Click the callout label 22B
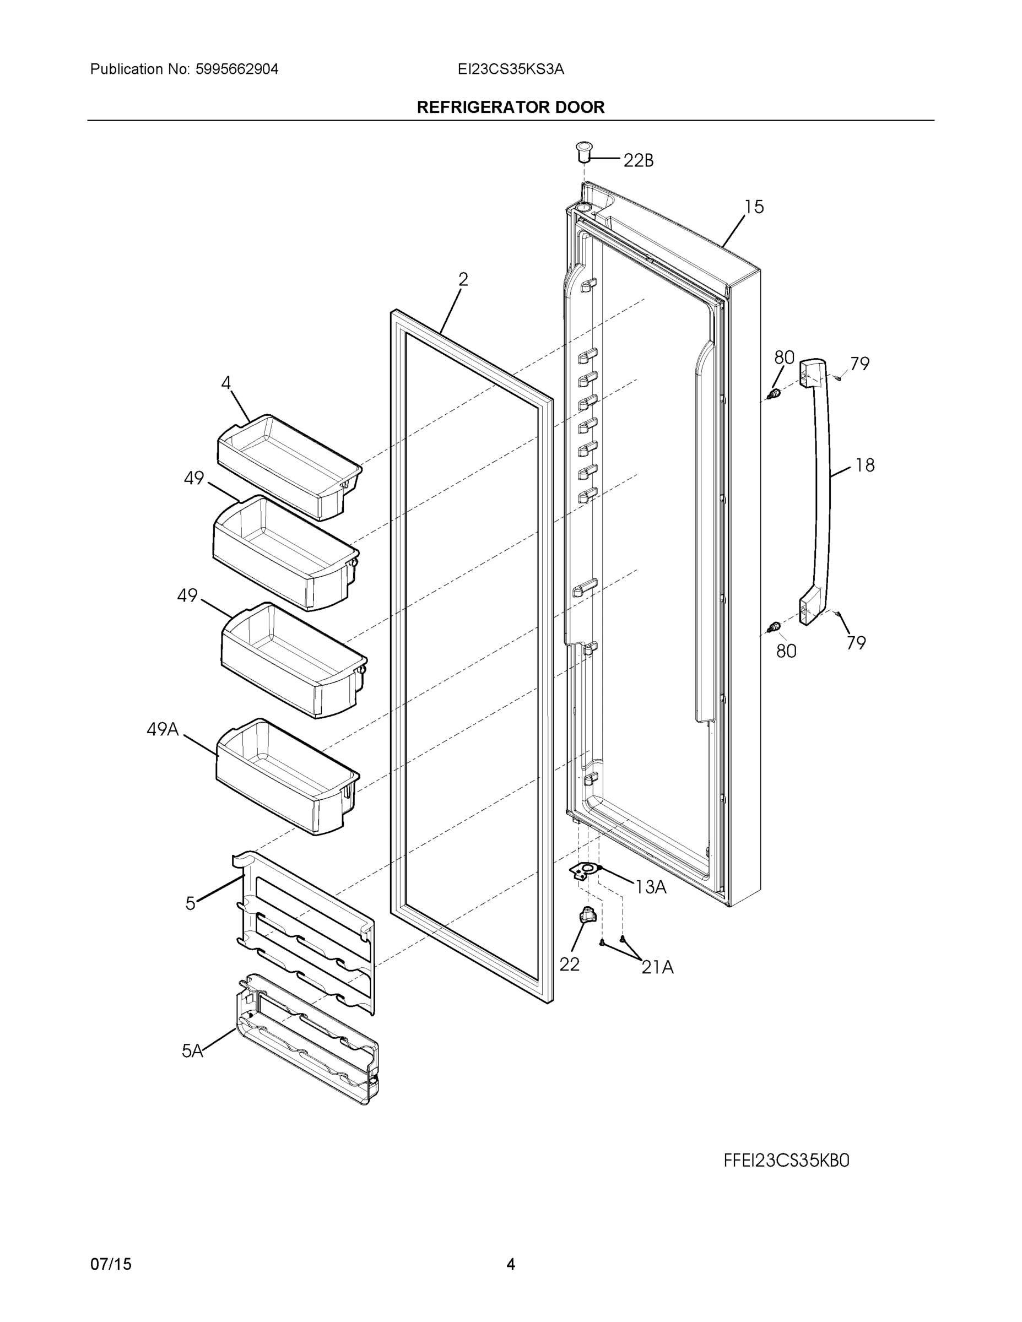coord(638,160)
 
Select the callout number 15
coord(754,207)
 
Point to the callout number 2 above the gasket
coord(463,279)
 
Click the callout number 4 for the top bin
coord(226,383)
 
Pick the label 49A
coord(163,729)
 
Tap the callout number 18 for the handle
coord(864,465)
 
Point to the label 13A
coord(651,887)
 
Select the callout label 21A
coord(657,967)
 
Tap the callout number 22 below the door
coord(569,965)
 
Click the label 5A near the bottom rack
coord(192,1051)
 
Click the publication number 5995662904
coord(237,69)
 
